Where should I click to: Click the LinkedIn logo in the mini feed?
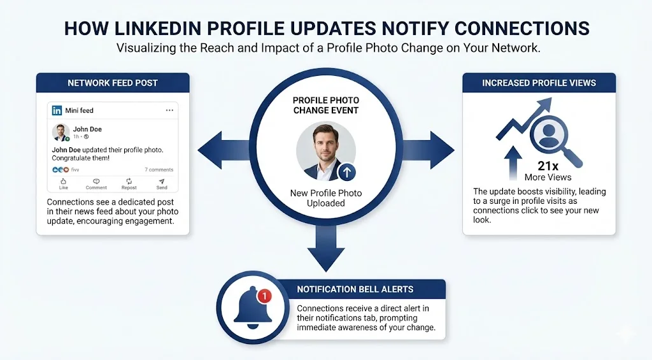pos(57,110)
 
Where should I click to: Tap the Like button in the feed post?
pos(64,184)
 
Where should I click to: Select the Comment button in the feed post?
pos(96,184)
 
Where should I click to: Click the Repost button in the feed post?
pos(129,184)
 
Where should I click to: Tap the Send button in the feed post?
pos(162,184)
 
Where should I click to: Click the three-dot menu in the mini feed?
pos(169,110)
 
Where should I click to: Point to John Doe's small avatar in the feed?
pos(60,133)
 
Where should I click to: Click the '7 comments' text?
pos(159,169)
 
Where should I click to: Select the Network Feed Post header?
pos(113,83)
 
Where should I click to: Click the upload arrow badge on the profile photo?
pos(346,171)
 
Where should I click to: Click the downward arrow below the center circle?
pos(325,248)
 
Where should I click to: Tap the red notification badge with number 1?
pos(264,296)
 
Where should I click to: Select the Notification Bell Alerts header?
pos(360,289)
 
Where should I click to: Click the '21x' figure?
pos(548,166)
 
